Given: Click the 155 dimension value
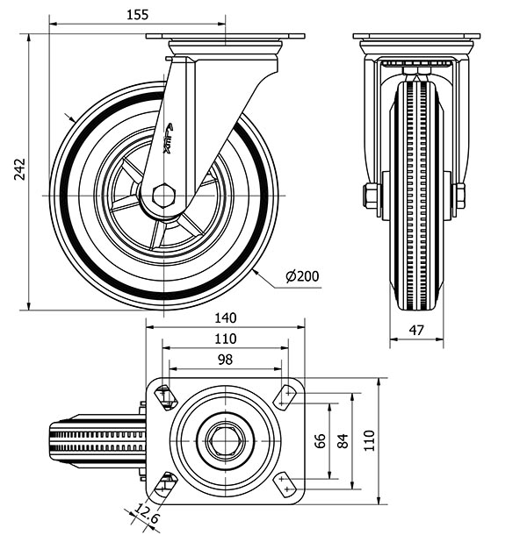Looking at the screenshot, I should point(136,14).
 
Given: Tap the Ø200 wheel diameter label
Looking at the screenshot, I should point(301,277).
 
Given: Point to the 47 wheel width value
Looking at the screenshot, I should point(417,331).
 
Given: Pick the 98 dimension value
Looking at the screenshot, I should point(225,360).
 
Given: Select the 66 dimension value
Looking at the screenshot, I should point(320,438).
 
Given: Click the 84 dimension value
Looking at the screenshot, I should point(343,438).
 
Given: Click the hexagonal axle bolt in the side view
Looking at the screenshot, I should point(163,196).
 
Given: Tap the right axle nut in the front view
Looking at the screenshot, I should point(459,196).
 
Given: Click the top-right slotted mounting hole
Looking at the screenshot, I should point(285,396).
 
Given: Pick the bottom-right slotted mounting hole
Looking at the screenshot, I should point(285,481).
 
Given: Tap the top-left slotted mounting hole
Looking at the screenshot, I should point(165,396).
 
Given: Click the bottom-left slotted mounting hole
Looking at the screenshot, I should point(165,481).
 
